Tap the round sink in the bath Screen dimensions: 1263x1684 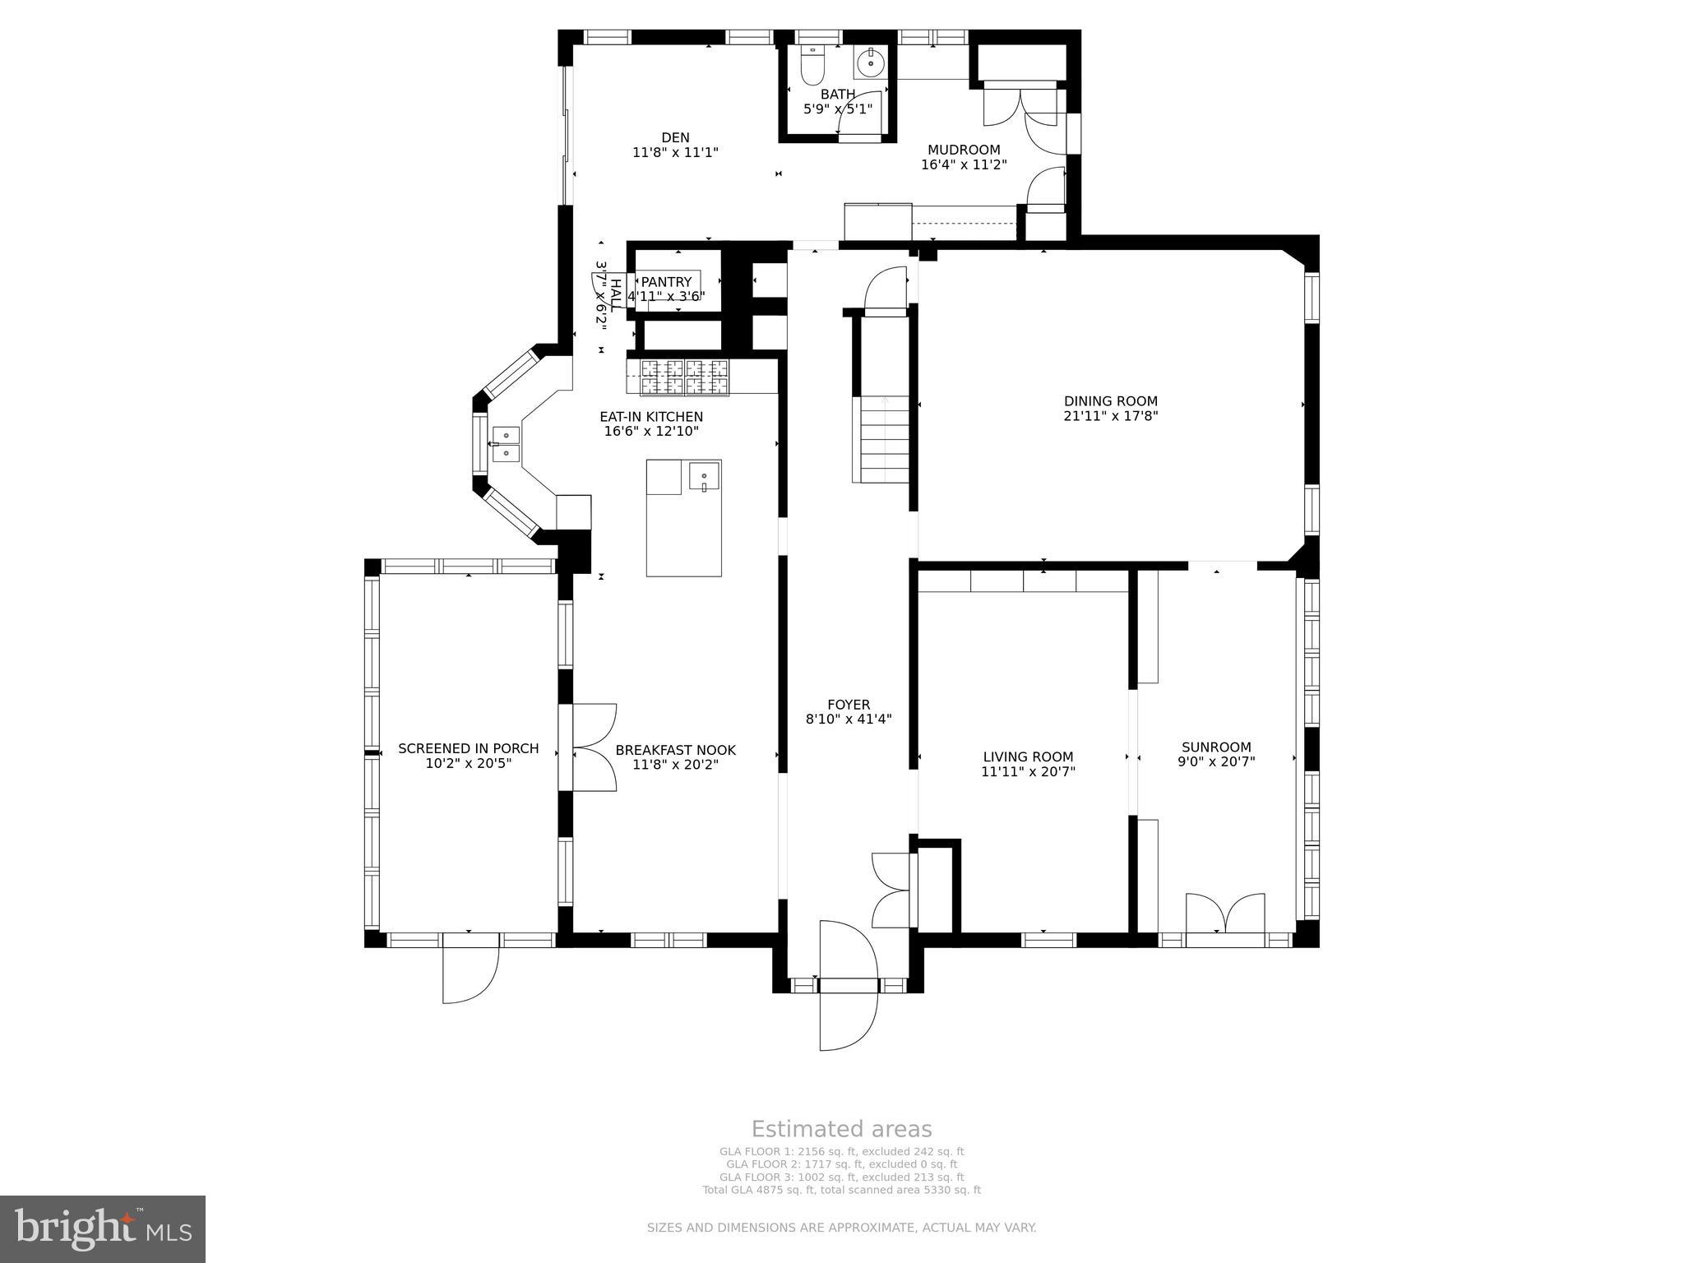869,62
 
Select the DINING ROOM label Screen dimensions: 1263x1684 1110,401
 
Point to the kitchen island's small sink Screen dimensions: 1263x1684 704,477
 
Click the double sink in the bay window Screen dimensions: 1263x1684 506,443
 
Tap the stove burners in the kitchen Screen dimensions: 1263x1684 684,377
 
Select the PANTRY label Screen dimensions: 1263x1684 666,282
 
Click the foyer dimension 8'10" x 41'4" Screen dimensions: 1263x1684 849,719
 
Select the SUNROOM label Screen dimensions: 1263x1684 1216,747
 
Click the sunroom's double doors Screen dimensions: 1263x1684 1224,913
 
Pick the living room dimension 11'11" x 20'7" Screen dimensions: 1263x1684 1028,772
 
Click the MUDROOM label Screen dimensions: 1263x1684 964,150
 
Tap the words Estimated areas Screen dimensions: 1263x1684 841,1129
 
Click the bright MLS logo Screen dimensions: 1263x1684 103,1228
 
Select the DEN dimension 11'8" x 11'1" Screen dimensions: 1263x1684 675,152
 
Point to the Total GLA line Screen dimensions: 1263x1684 841,1190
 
